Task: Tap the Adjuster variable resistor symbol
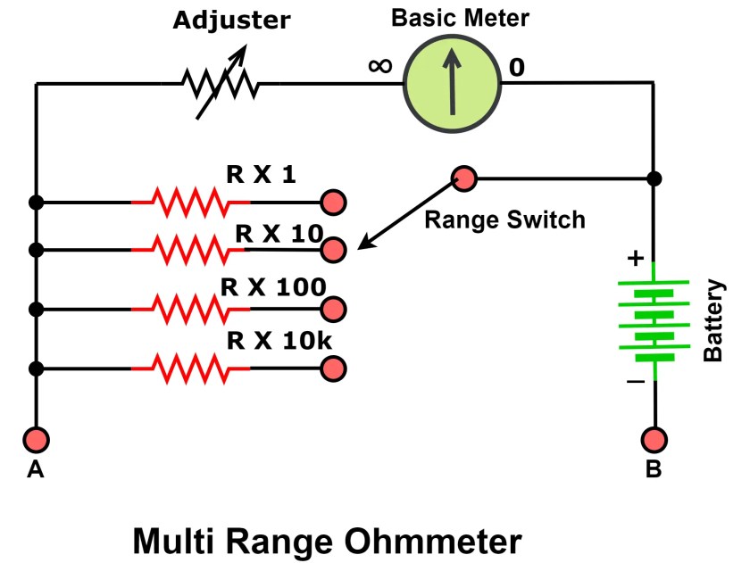pyautogui.click(x=220, y=86)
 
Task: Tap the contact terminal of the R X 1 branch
pyautogui.click(x=334, y=203)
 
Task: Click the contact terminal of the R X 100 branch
pyautogui.click(x=334, y=310)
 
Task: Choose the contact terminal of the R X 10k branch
pyautogui.click(x=334, y=368)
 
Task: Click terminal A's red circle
pyautogui.click(x=37, y=439)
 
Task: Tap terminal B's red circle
pyautogui.click(x=654, y=439)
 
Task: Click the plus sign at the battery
pyautogui.click(x=635, y=259)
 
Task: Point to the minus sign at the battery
pyautogui.click(x=635, y=381)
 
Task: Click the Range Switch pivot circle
pyautogui.click(x=463, y=178)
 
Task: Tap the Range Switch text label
pyautogui.click(x=504, y=219)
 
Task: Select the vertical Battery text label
pyautogui.click(x=714, y=320)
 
